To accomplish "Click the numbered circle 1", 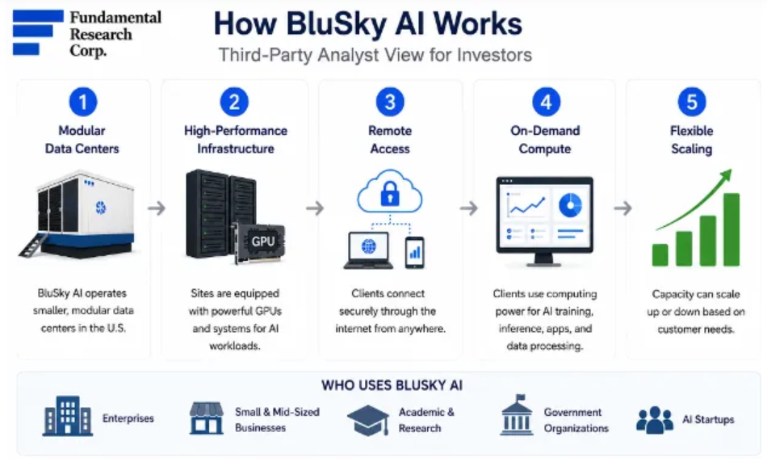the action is [82, 102].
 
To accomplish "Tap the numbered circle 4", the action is [546, 102].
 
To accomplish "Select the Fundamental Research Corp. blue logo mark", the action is [38, 32].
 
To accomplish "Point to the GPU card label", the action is [263, 241].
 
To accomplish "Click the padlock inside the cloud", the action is [390, 194].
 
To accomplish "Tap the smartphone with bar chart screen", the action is [414, 253].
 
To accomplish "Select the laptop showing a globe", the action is [368, 250].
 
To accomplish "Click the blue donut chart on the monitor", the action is [570, 205].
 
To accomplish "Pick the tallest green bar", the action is [731, 229].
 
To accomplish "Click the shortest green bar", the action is [660, 255].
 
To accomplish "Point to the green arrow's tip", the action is [731, 170].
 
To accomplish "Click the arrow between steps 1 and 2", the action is [157, 208].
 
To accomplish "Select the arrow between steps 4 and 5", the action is [622, 208].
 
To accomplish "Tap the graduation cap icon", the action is [368, 420].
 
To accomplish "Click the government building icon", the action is [517, 415].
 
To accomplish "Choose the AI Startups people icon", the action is [655, 420].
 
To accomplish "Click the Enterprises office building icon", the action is [68, 415].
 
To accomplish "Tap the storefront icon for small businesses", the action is [207, 418].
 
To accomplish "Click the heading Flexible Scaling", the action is [691, 140].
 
